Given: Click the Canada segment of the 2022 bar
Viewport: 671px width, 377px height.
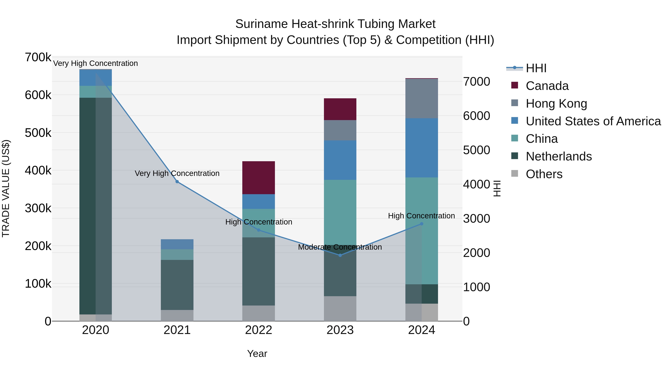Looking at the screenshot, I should click(x=258, y=178).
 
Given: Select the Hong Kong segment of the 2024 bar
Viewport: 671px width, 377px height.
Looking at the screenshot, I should click(x=421, y=98).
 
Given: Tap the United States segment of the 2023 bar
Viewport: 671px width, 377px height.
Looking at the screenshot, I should click(x=340, y=160).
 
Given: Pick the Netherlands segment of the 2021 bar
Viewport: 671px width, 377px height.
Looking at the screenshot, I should click(x=177, y=285).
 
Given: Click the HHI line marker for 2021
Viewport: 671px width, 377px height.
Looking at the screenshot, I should click(x=177, y=182).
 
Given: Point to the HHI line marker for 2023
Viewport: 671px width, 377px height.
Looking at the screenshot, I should click(x=340, y=255).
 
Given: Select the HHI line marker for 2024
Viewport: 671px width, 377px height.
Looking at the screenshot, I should click(x=421, y=224).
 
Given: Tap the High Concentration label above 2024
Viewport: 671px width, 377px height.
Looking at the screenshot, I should click(x=421, y=216).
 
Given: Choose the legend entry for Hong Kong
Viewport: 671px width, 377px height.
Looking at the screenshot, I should click(x=556, y=104).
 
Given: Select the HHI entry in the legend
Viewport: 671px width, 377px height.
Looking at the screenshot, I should click(x=536, y=68).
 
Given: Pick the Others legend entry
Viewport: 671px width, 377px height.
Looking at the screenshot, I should click(x=544, y=174).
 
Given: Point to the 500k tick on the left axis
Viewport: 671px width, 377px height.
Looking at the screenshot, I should click(x=38, y=133).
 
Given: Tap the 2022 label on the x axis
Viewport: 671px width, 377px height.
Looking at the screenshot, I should click(x=258, y=330).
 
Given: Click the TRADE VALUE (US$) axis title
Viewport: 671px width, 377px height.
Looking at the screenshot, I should click(x=6, y=188).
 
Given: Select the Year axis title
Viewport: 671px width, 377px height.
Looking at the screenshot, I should click(x=257, y=354).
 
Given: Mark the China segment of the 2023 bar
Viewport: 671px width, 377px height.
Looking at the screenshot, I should click(x=340, y=212).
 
